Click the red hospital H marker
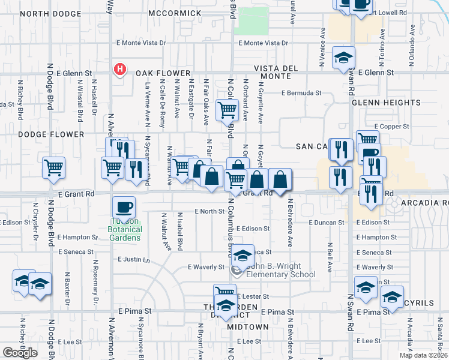point(120,70)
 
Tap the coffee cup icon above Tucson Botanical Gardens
point(124,207)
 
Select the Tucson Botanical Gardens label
point(125,229)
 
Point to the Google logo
point(20,353)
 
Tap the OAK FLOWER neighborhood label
point(162,73)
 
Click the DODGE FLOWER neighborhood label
point(50,134)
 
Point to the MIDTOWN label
point(248,326)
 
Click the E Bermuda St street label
point(303,93)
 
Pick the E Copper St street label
point(391,127)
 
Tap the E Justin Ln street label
point(133,259)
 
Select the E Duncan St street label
point(327,222)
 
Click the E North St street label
point(209,211)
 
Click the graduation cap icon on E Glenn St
point(343,58)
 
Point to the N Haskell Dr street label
point(94,99)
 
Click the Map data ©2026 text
point(423,355)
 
